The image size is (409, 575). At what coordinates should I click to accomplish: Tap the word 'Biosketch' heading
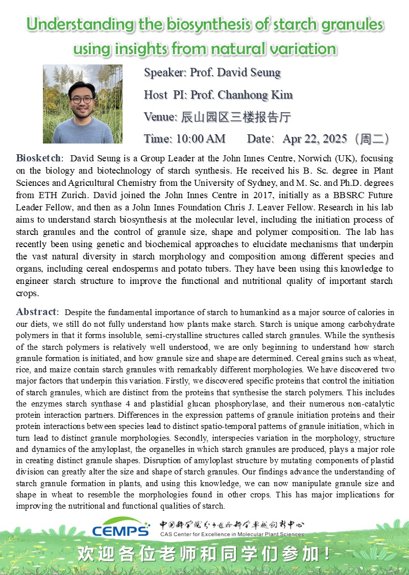(x=39, y=158)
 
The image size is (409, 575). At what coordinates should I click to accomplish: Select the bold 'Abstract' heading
(x=37, y=312)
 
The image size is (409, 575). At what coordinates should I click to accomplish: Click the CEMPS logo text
(x=121, y=530)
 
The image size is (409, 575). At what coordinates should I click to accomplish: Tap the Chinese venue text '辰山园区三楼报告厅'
(x=236, y=117)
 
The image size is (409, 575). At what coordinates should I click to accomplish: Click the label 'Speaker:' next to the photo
(x=165, y=73)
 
